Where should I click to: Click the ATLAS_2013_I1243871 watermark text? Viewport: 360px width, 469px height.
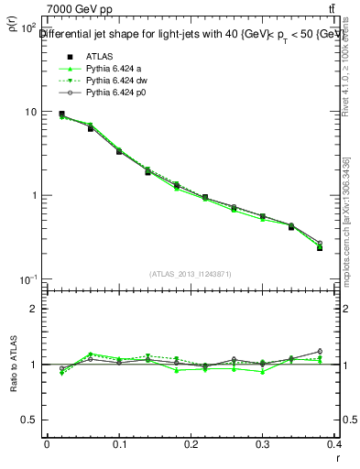coord(191,274)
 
